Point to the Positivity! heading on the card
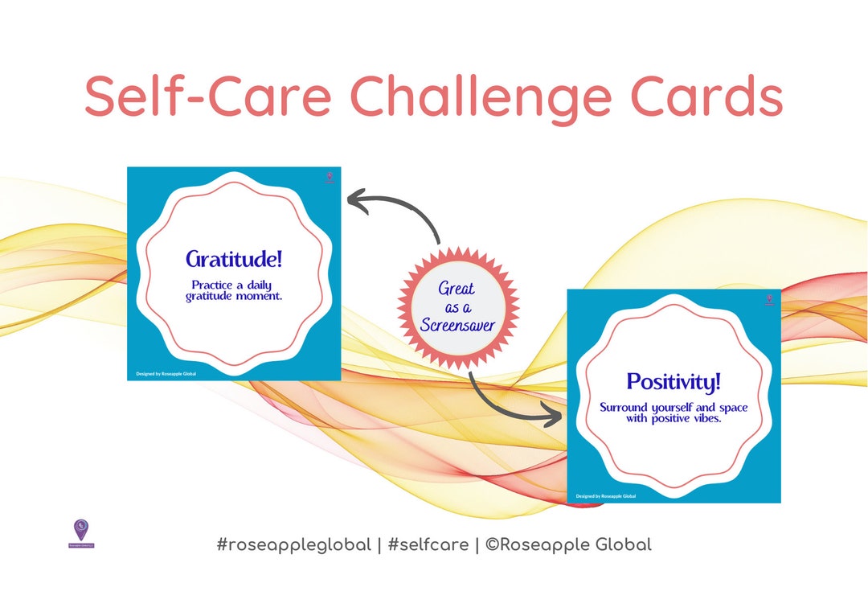tap(674, 381)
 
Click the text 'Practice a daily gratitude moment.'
tap(234, 290)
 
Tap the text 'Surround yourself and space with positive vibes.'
tap(674, 413)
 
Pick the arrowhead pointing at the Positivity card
tap(553, 417)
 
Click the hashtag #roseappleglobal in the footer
tap(293, 544)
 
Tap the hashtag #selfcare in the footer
tap(428, 544)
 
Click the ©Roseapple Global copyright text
tap(568, 544)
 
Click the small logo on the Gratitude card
tap(328, 177)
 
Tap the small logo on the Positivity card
tap(768, 300)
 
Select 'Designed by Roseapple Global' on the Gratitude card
tap(167, 373)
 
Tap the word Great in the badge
tap(457, 289)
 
